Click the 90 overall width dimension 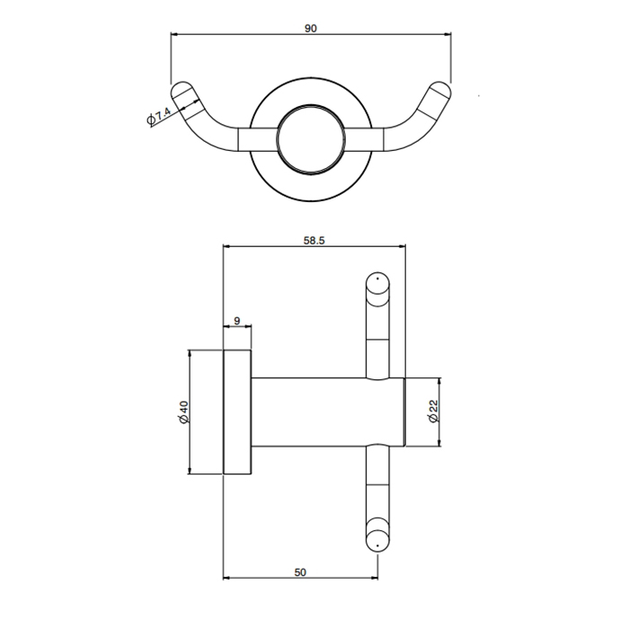(x=311, y=29)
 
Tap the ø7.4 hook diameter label (x=159, y=116)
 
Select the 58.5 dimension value (x=314, y=240)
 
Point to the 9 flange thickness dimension (x=236, y=321)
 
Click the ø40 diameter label (x=184, y=412)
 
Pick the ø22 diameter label (x=434, y=411)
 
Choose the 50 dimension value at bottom (x=300, y=572)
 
